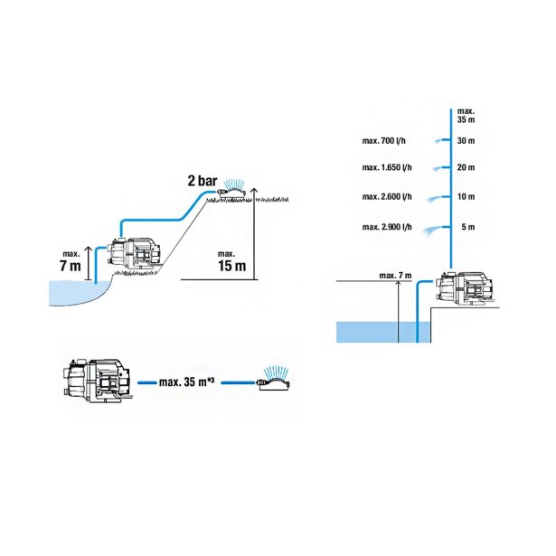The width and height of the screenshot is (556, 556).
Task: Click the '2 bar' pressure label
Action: pos(203,181)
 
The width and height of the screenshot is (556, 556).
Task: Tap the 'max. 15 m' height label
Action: pos(232,261)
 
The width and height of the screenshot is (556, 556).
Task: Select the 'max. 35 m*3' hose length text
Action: pos(187,382)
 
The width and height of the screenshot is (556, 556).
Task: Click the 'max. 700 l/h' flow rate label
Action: pos(383,141)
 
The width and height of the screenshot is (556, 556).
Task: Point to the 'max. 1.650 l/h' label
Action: pos(387,167)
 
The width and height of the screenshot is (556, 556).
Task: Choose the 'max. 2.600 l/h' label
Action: pos(387,196)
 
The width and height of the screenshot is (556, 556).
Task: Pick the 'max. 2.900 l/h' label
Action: pos(387,227)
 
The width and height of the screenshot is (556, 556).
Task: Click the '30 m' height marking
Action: pos(466,141)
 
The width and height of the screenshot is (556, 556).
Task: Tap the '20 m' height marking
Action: pos(466,167)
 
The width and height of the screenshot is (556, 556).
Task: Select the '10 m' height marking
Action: pos(466,196)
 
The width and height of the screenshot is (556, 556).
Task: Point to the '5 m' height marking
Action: pos(468,227)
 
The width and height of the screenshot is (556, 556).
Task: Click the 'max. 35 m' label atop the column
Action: pos(466,116)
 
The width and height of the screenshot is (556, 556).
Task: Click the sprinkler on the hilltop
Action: pos(232,188)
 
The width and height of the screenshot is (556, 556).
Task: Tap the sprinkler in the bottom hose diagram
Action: pos(275,379)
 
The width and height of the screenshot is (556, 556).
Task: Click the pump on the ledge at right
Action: pos(467,289)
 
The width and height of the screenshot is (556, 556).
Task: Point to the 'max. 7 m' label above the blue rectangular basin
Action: pos(395,276)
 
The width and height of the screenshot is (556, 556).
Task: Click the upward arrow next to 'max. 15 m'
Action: pos(255,233)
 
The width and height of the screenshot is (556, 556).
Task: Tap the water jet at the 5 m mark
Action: pos(435,231)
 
